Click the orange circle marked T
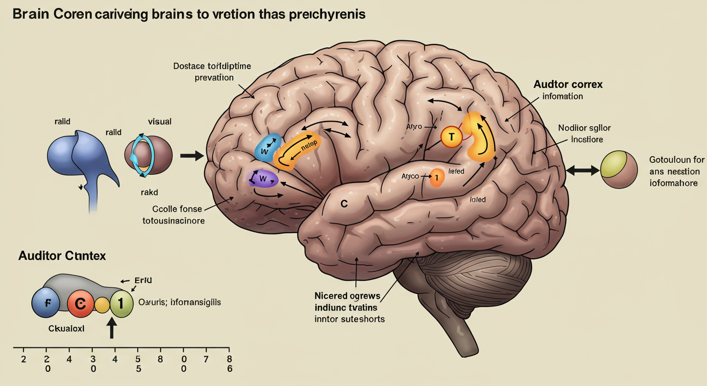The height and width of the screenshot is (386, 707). coord(451,136)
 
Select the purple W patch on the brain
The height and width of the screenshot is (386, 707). coord(263,178)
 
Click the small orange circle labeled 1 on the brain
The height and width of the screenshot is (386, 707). coord(437,177)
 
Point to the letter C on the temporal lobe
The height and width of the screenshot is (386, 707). coord(344,204)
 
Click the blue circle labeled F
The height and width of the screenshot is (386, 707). coord(46,304)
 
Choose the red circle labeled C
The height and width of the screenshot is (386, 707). coord(80,303)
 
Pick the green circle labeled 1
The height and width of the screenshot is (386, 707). coord(121,304)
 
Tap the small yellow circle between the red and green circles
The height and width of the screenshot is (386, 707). coord(102,305)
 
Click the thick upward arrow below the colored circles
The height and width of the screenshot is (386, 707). coord(112,329)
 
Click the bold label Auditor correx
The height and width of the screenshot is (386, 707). coord(568,84)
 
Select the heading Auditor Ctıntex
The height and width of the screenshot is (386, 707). coord(62,256)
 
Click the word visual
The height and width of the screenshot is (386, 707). coord(160,121)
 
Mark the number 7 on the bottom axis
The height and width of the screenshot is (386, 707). coord(206,359)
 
